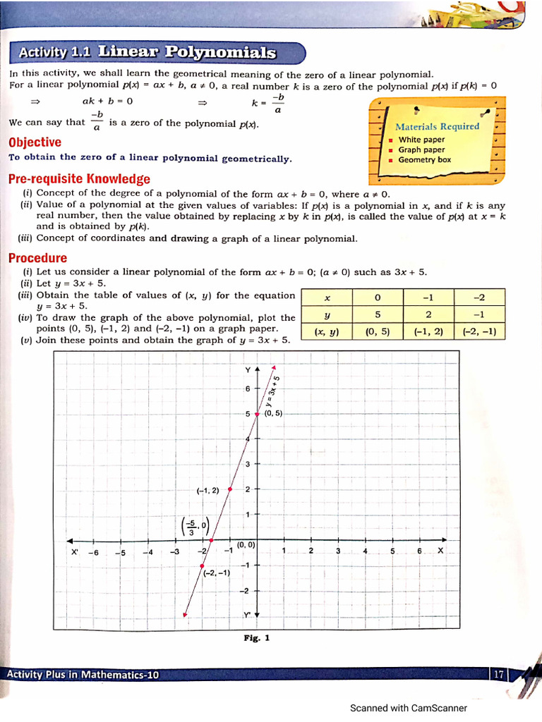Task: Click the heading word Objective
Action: point(35,142)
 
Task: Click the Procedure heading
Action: point(37,258)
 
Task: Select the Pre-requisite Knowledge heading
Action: point(79,178)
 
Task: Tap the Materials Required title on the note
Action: point(437,126)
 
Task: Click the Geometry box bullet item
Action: point(424,160)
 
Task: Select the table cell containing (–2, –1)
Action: point(479,331)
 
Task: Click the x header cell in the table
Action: point(327,297)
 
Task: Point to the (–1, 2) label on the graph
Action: point(207,490)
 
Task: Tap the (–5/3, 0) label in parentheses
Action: point(195,527)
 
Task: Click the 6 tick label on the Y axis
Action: point(248,389)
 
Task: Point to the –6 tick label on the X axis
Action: point(93,552)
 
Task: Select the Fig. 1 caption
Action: point(257,638)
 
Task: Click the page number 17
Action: point(499,675)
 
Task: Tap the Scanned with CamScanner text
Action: point(408,708)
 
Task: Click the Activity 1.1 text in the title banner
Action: point(52,52)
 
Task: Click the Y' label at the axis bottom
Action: point(248,615)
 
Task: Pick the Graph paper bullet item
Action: point(421,149)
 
